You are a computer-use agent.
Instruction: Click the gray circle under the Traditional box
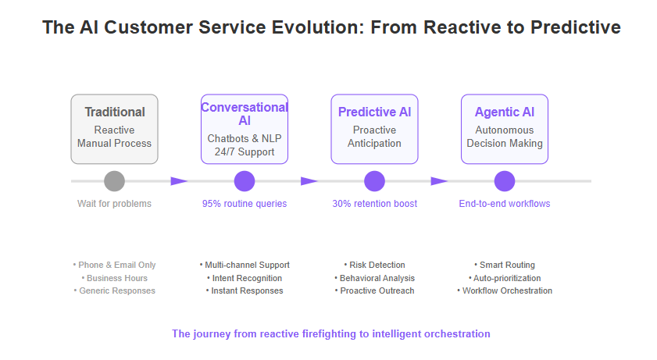tap(114, 181)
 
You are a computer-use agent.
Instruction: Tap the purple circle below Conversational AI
tap(245, 181)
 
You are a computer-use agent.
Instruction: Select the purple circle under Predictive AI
tap(374, 181)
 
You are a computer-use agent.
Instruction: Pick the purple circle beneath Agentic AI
tap(505, 181)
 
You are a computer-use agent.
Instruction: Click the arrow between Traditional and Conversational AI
tap(179, 181)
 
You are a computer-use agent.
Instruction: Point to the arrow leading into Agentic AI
tap(439, 181)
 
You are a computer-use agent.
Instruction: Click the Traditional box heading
tap(115, 112)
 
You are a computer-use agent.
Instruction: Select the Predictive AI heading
tap(374, 112)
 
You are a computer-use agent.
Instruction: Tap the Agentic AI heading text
tap(505, 112)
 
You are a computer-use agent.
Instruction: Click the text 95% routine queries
tap(245, 204)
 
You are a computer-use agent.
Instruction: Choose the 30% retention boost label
tap(374, 204)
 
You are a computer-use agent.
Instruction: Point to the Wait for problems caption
tap(114, 204)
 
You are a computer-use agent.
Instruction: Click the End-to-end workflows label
tap(505, 204)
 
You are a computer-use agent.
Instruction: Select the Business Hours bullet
tap(114, 278)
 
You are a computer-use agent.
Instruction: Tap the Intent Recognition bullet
tap(245, 278)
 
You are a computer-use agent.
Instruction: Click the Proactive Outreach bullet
tap(374, 290)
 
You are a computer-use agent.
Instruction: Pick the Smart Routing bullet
tap(505, 265)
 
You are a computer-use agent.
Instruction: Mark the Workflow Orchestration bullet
tap(505, 290)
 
